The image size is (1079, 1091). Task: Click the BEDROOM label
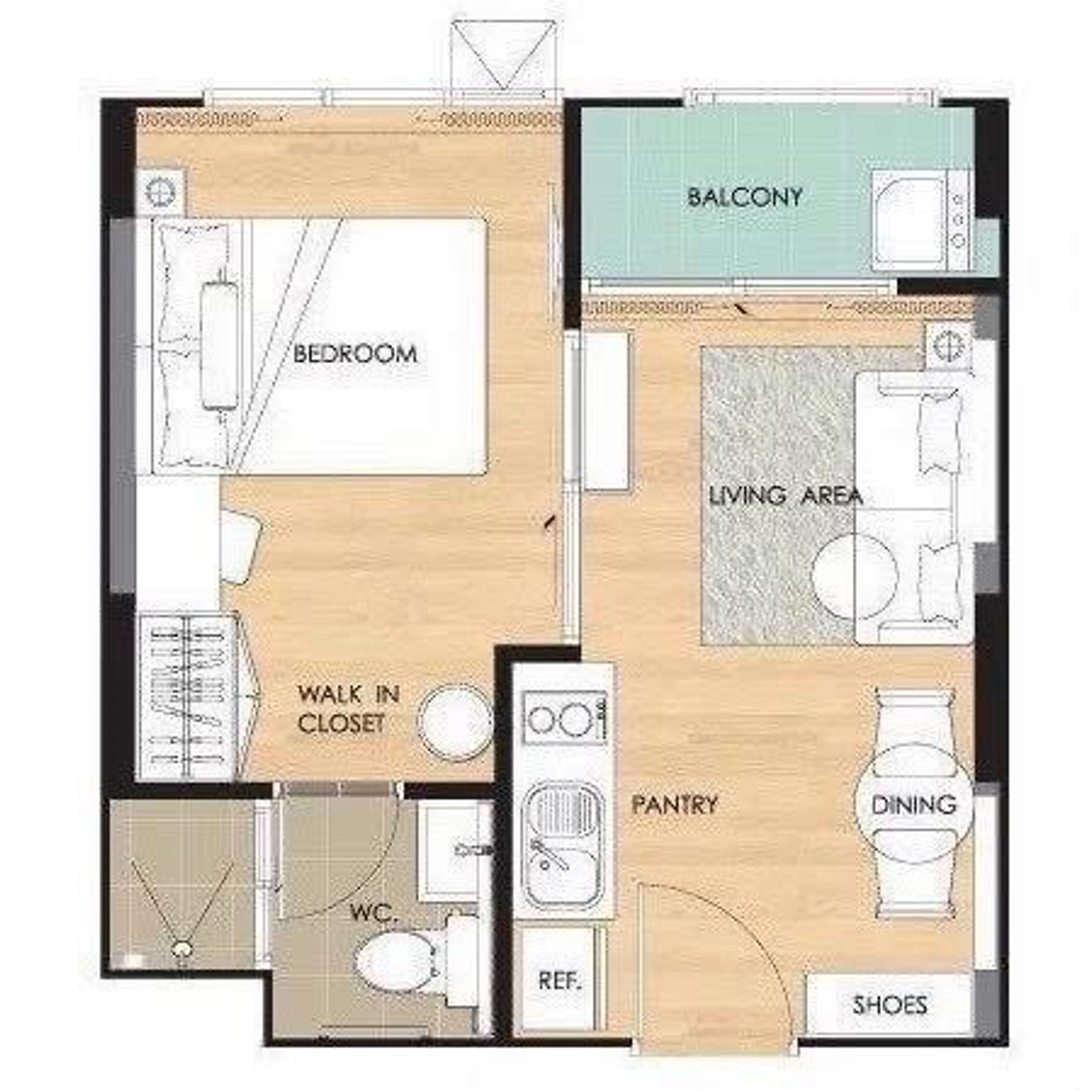(x=355, y=354)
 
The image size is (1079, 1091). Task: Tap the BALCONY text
(x=745, y=197)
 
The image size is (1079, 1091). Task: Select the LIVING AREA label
(x=786, y=496)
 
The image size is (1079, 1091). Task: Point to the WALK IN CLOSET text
(x=349, y=709)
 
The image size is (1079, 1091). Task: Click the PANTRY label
(x=674, y=804)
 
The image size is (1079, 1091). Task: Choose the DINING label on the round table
(x=914, y=804)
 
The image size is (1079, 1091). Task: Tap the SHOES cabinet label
(x=889, y=1005)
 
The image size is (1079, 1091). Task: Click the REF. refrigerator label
(x=560, y=981)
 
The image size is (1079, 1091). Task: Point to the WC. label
(x=372, y=912)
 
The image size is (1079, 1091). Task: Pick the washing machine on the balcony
(x=921, y=219)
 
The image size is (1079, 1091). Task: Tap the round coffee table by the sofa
(x=854, y=576)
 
